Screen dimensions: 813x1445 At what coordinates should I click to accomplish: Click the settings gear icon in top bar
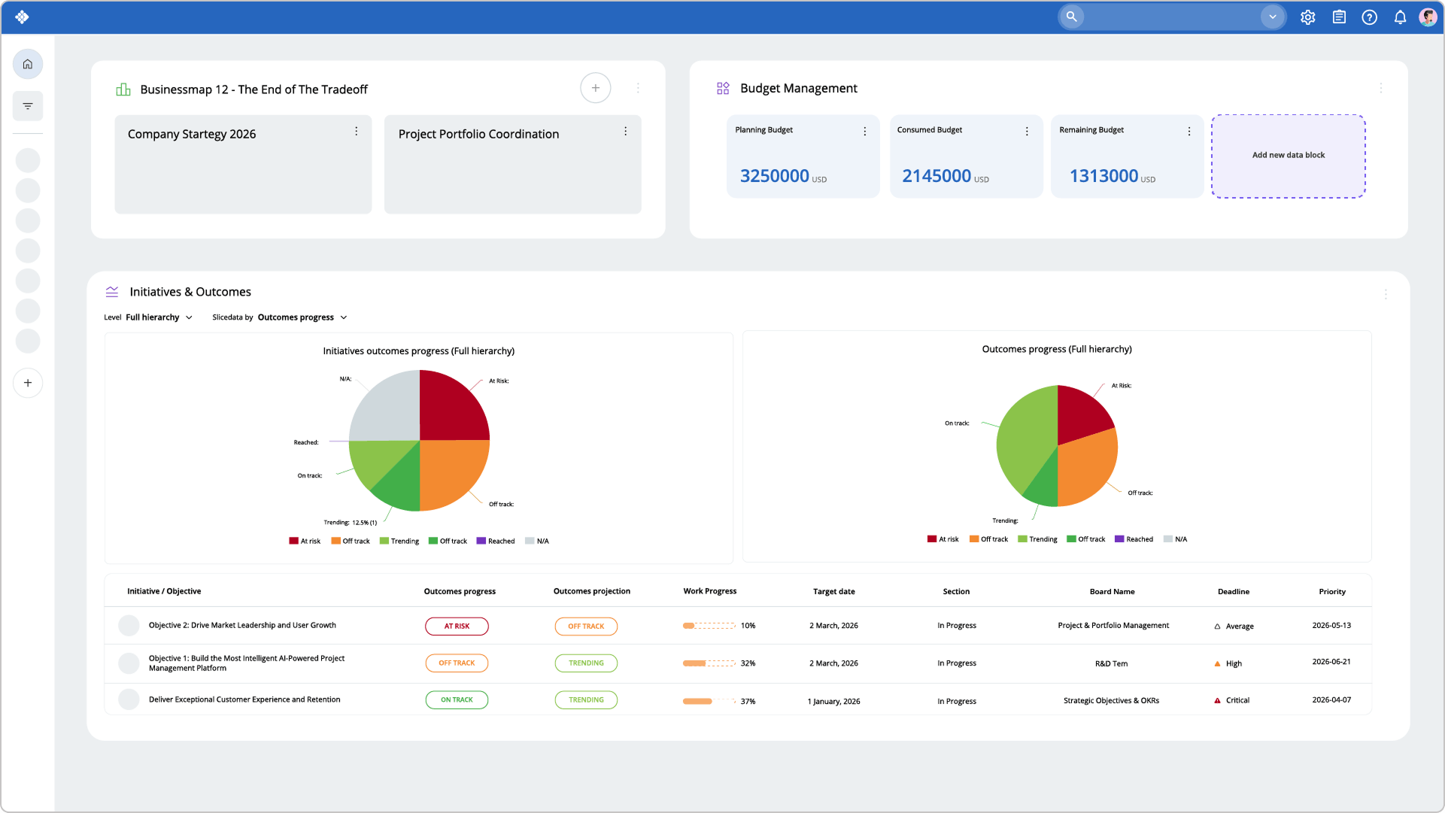click(1307, 17)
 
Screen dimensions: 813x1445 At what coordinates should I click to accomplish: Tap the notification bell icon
click(1400, 17)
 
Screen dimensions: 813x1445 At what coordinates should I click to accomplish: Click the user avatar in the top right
click(1428, 17)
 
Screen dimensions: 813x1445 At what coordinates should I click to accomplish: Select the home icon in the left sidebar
click(28, 64)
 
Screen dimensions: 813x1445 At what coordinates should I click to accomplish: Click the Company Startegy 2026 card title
click(192, 134)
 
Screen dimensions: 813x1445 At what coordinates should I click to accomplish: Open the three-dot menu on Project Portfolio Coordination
click(625, 132)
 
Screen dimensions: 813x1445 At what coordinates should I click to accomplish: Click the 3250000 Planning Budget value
click(775, 176)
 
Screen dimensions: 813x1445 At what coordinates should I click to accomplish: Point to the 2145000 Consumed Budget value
click(937, 176)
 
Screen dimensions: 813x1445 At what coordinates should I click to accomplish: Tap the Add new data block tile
click(1288, 156)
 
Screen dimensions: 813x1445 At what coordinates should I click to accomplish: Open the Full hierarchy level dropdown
click(159, 317)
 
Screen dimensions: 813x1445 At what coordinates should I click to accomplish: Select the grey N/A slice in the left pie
click(387, 406)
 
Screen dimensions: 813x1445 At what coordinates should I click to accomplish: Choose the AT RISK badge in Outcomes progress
click(457, 626)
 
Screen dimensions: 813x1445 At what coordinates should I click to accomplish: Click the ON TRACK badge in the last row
click(457, 700)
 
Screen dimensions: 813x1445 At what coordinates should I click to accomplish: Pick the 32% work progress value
click(748, 663)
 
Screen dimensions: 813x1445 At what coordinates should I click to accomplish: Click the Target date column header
click(833, 592)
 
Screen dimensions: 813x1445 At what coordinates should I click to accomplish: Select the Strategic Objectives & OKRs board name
click(1111, 701)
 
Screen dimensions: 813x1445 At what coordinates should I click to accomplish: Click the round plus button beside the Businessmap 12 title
click(595, 88)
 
